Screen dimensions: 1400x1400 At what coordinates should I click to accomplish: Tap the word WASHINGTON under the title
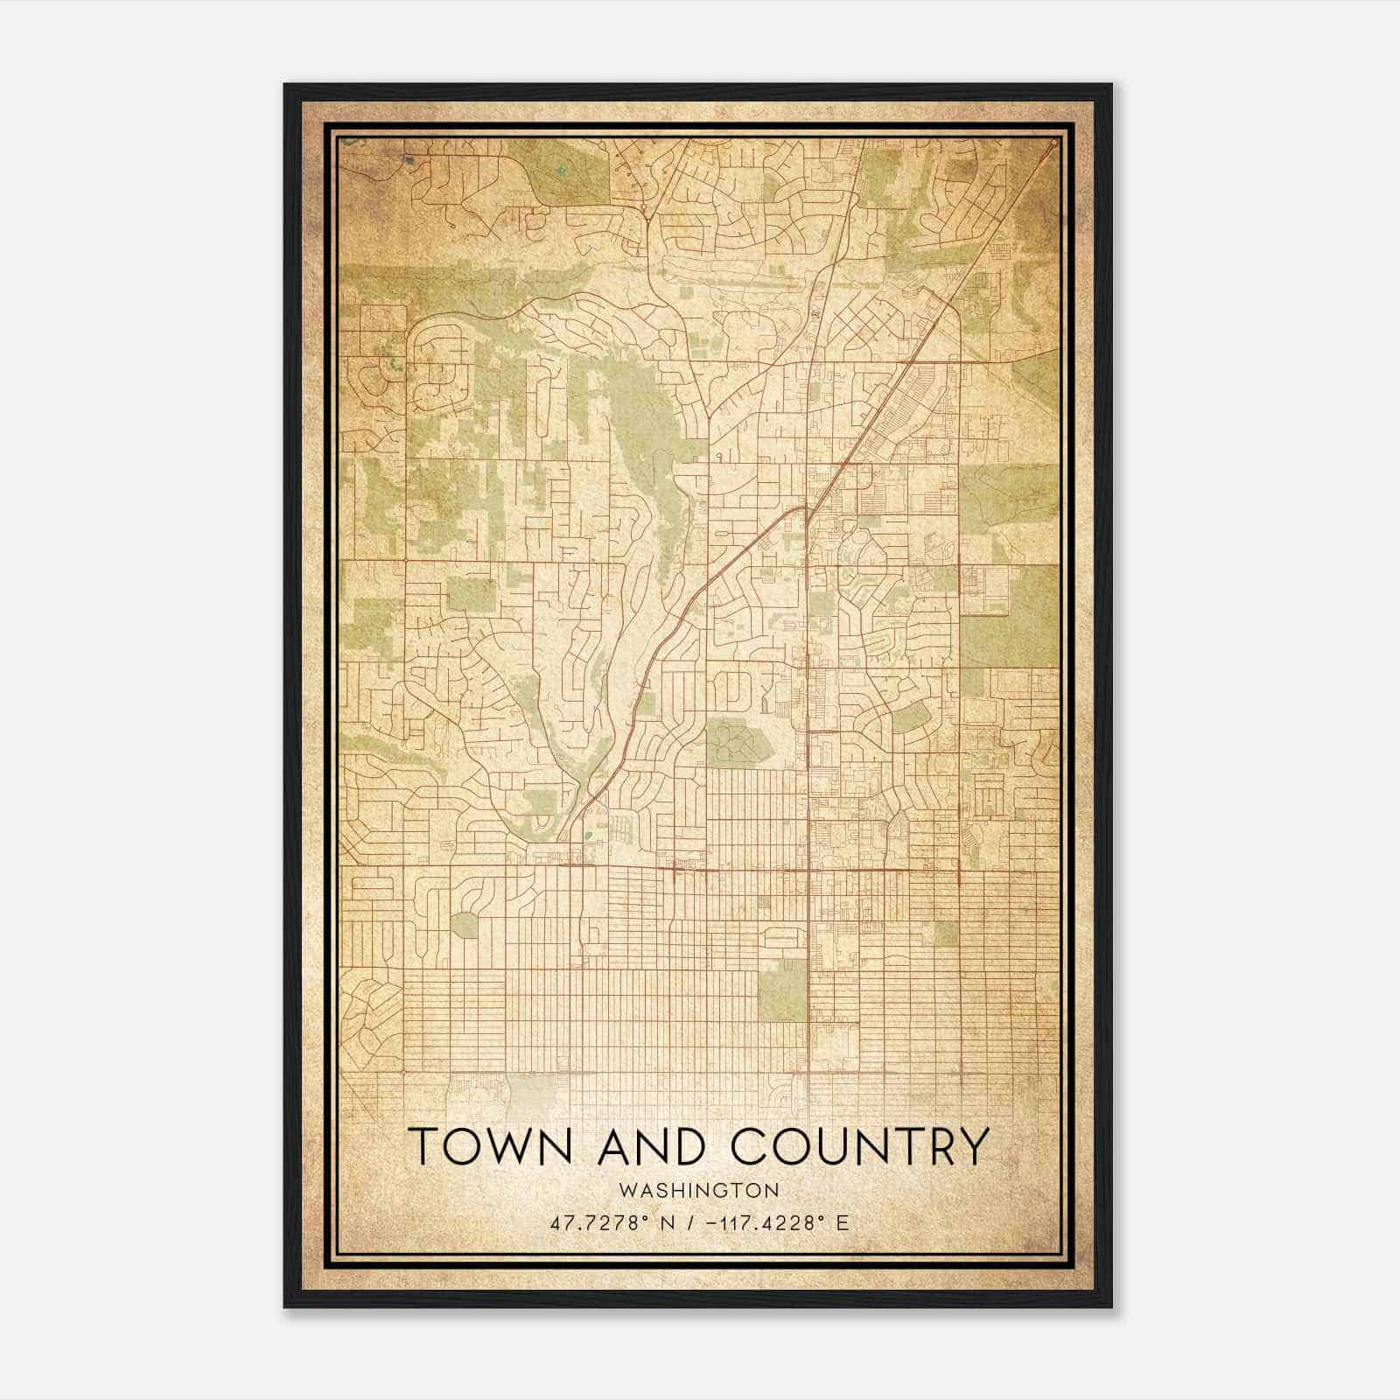[x=698, y=1190]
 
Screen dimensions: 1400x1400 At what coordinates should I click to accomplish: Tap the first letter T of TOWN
[x=423, y=1145]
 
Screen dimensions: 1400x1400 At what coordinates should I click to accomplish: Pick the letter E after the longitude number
[x=843, y=1222]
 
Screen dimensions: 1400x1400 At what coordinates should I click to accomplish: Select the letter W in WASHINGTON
[x=626, y=1190]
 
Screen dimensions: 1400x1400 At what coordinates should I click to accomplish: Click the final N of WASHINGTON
[x=773, y=1190]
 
